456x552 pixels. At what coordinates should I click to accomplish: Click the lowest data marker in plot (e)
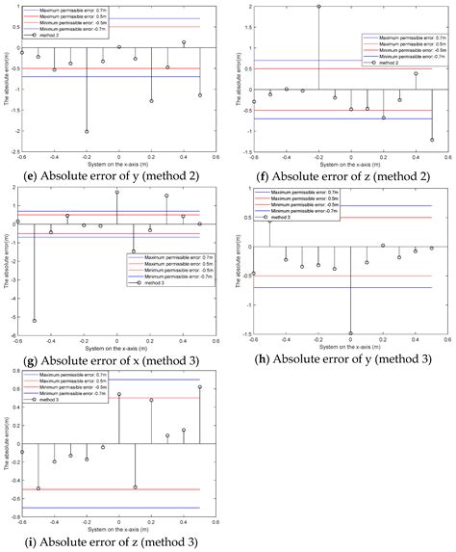click(88, 131)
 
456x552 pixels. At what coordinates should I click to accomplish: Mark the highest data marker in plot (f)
click(318, 7)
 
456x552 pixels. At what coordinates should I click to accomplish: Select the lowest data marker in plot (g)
click(35, 321)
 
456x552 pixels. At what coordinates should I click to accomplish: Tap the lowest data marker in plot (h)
click(350, 333)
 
